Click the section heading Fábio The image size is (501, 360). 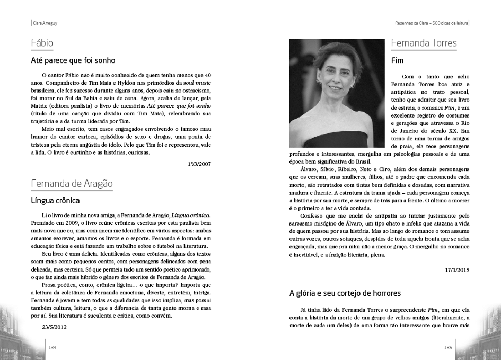click(42, 44)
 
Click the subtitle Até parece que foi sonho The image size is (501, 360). click(73, 60)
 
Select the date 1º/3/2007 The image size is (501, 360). click(199, 163)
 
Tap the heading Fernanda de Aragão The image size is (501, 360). click(72, 184)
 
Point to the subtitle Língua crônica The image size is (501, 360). click(56, 200)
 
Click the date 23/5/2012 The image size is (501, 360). click(54, 327)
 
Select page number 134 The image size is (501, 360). click(52, 347)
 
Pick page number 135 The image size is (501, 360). click(448, 347)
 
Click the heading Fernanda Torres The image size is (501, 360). click(424, 44)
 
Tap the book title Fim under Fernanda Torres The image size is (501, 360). click(397, 60)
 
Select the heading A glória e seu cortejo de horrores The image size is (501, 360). click(345, 293)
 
